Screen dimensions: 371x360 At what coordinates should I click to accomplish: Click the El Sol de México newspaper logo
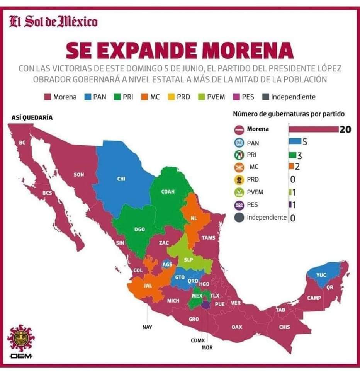click(53, 22)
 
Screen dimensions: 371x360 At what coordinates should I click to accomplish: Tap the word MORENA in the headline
click(247, 51)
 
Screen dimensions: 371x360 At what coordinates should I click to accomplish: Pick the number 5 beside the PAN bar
click(304, 142)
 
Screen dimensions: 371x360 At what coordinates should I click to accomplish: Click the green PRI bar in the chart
click(292, 155)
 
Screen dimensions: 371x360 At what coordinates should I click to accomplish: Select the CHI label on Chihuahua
click(121, 179)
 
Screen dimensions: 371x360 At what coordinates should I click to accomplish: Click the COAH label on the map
click(168, 191)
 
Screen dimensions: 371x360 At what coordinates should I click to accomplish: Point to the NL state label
click(194, 218)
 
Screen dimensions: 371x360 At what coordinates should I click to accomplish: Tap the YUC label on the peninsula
click(321, 275)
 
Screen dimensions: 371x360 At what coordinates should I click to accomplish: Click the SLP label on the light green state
click(188, 260)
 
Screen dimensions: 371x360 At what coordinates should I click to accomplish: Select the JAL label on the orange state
click(147, 286)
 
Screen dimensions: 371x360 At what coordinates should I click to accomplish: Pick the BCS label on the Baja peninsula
click(47, 192)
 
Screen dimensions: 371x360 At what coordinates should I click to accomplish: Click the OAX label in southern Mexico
click(237, 327)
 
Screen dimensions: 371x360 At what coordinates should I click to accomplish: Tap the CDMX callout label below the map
click(197, 341)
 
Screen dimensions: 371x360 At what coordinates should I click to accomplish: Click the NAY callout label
click(147, 327)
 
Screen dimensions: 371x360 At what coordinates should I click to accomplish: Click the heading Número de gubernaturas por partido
click(289, 114)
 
